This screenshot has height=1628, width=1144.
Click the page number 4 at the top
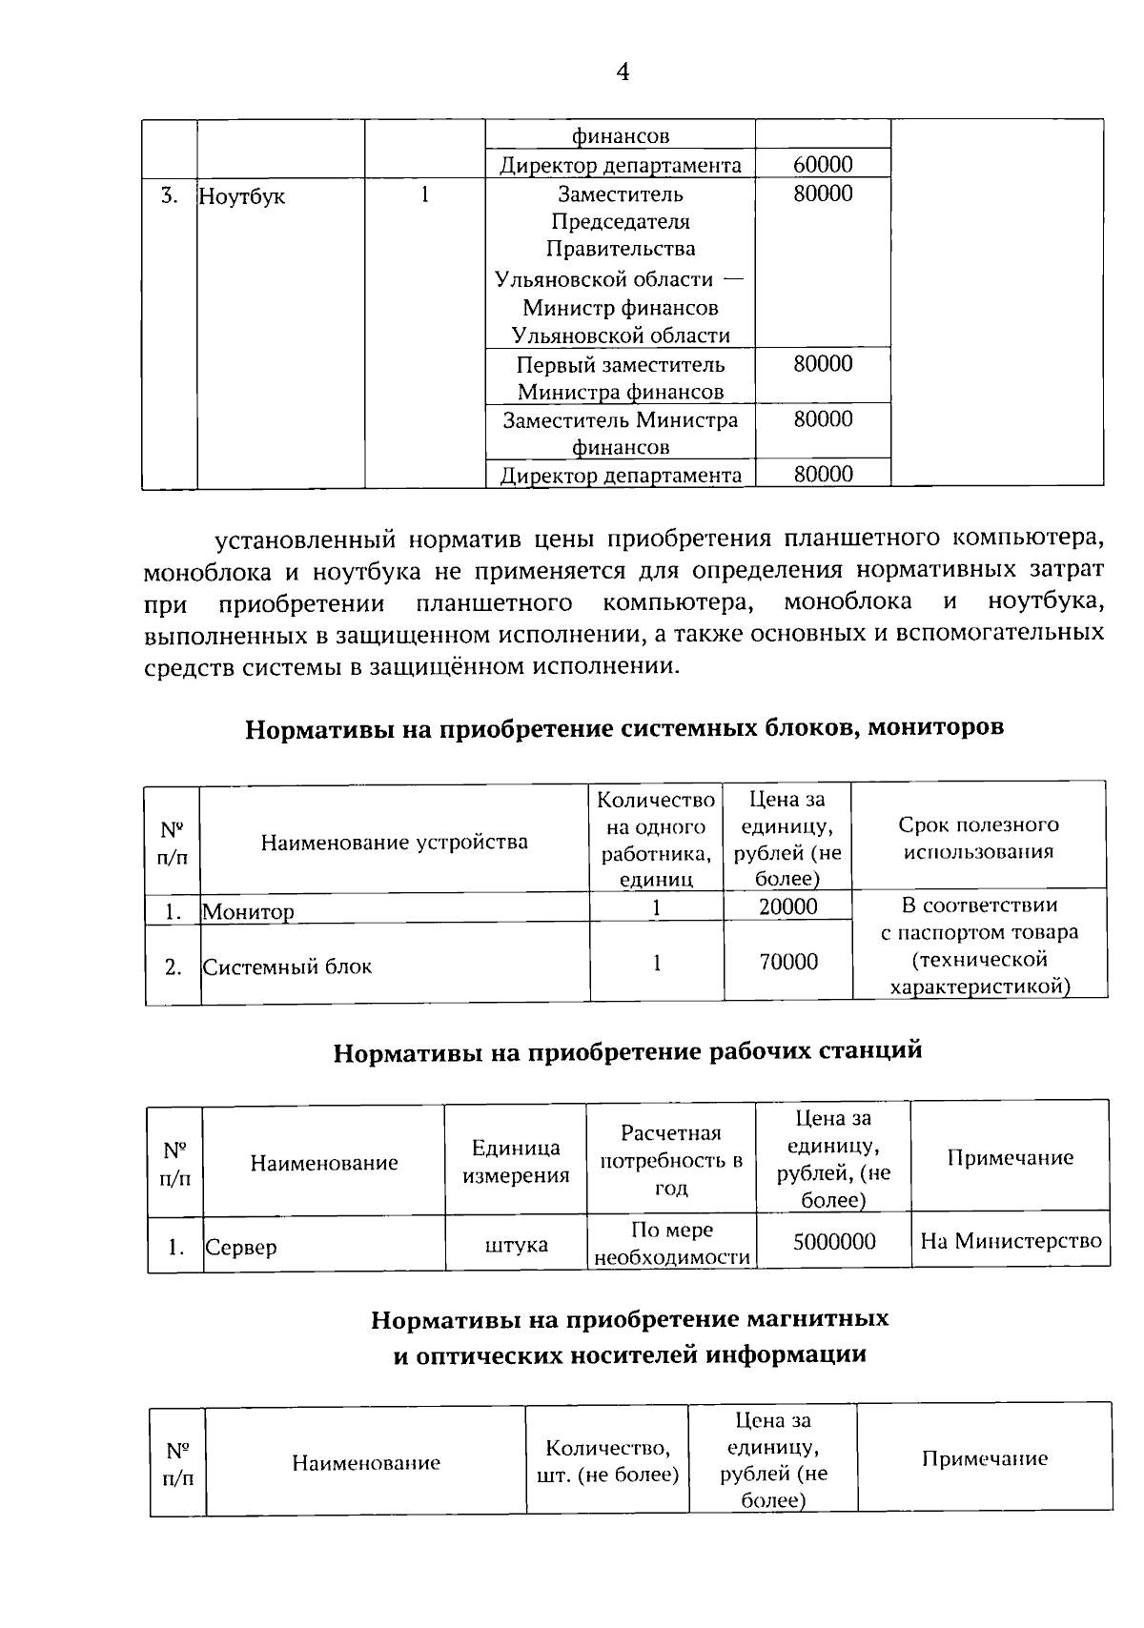[623, 72]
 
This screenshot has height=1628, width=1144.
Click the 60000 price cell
[823, 164]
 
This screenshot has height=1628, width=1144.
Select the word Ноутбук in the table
[242, 198]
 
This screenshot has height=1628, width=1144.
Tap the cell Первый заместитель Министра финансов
[621, 377]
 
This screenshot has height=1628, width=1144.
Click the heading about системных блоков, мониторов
[624, 728]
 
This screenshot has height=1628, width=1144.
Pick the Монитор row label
[249, 911]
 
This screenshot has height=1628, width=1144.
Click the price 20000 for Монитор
[787, 906]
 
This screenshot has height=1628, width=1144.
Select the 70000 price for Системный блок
[787, 962]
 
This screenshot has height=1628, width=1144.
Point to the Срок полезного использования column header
[978, 838]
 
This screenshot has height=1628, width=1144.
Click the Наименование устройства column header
[394, 842]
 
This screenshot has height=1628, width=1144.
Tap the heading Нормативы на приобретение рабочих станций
[627, 1051]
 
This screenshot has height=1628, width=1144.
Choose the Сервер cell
[241, 1247]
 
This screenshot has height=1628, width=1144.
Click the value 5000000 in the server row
[833, 1241]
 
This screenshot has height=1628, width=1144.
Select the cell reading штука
[516, 1245]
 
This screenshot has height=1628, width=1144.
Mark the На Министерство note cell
[1011, 1241]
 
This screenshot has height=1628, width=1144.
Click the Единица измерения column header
[516, 1161]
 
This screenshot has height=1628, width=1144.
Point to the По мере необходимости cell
[672, 1243]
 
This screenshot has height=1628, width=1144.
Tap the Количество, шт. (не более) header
[607, 1461]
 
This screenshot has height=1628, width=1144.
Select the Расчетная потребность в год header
[671, 1160]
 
